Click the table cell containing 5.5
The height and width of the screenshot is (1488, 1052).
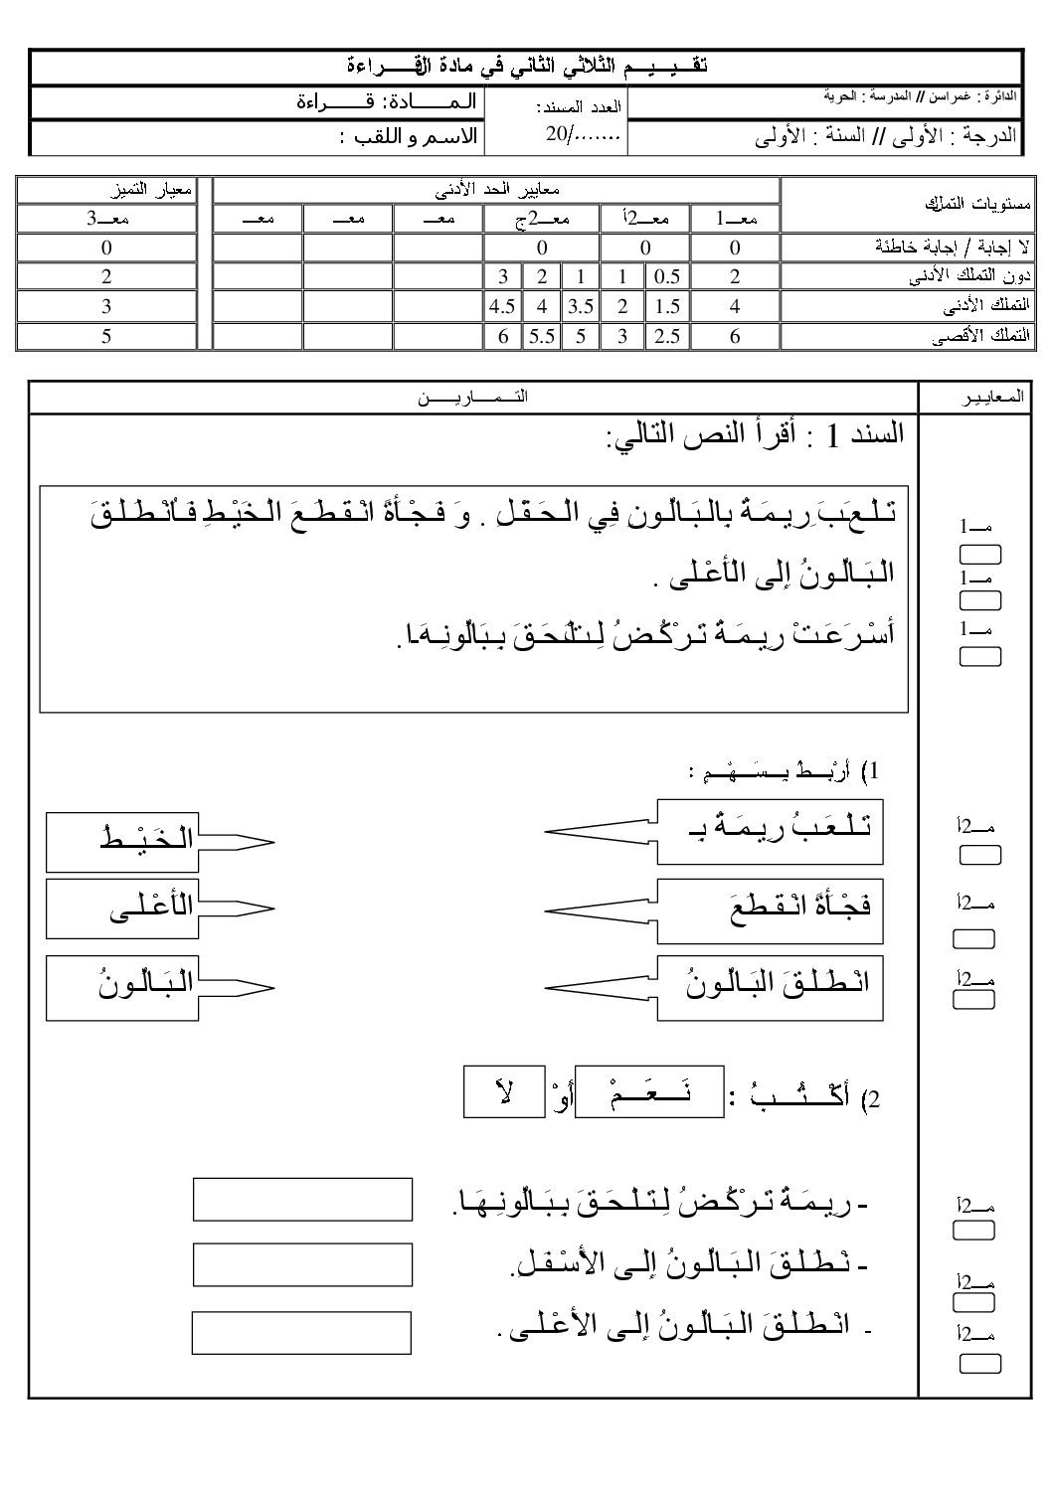(541, 336)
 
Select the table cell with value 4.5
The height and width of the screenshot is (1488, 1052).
(502, 306)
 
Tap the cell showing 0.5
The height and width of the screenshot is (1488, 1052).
(667, 277)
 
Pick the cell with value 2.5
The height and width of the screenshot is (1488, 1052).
(667, 336)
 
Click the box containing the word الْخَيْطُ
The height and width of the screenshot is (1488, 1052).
(121, 841)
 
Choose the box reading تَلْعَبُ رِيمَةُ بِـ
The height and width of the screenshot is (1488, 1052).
(771, 829)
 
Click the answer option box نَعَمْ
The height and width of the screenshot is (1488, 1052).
(650, 1090)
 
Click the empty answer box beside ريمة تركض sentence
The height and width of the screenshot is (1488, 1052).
(302, 1199)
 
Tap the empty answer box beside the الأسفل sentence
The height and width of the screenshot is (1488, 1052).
(302, 1264)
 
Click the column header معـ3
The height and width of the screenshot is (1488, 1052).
(106, 219)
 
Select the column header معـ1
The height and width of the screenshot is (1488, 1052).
(736, 219)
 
